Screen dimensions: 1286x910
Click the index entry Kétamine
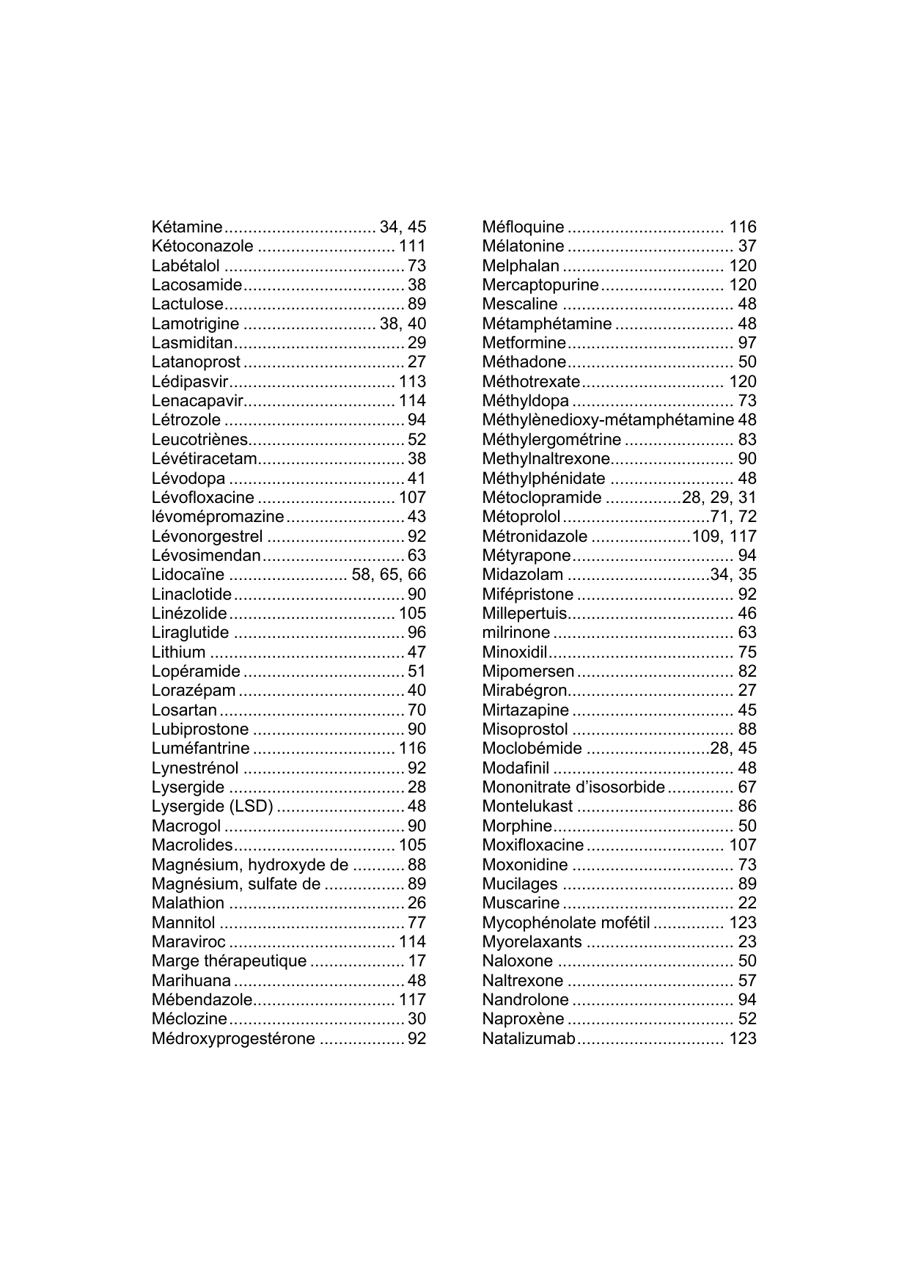[187, 227]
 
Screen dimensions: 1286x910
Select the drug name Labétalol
[186, 265]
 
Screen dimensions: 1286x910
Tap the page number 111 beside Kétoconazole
[412, 246]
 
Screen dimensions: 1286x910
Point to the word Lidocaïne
[188, 575]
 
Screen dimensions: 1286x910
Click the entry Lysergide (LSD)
[212, 806]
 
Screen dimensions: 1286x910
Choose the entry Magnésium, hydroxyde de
[249, 864]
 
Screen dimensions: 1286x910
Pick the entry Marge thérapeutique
[229, 961]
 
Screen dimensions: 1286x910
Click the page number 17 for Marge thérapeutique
[417, 961]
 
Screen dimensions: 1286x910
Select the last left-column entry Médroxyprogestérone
[233, 1039]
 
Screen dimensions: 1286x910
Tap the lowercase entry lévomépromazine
[217, 517]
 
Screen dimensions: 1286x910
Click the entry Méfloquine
[523, 227]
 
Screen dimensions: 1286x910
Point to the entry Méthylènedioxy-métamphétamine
[608, 420]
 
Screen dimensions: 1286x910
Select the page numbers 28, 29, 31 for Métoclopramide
[719, 498]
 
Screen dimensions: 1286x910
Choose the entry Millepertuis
[524, 614]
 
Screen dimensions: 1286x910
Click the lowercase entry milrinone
[515, 633]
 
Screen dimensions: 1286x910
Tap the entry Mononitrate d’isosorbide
[573, 787]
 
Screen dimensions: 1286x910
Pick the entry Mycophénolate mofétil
[566, 922]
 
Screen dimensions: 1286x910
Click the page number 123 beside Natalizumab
[742, 1039]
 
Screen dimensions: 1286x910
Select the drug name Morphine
[516, 826]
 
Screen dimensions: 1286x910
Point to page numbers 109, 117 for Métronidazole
[724, 536]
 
